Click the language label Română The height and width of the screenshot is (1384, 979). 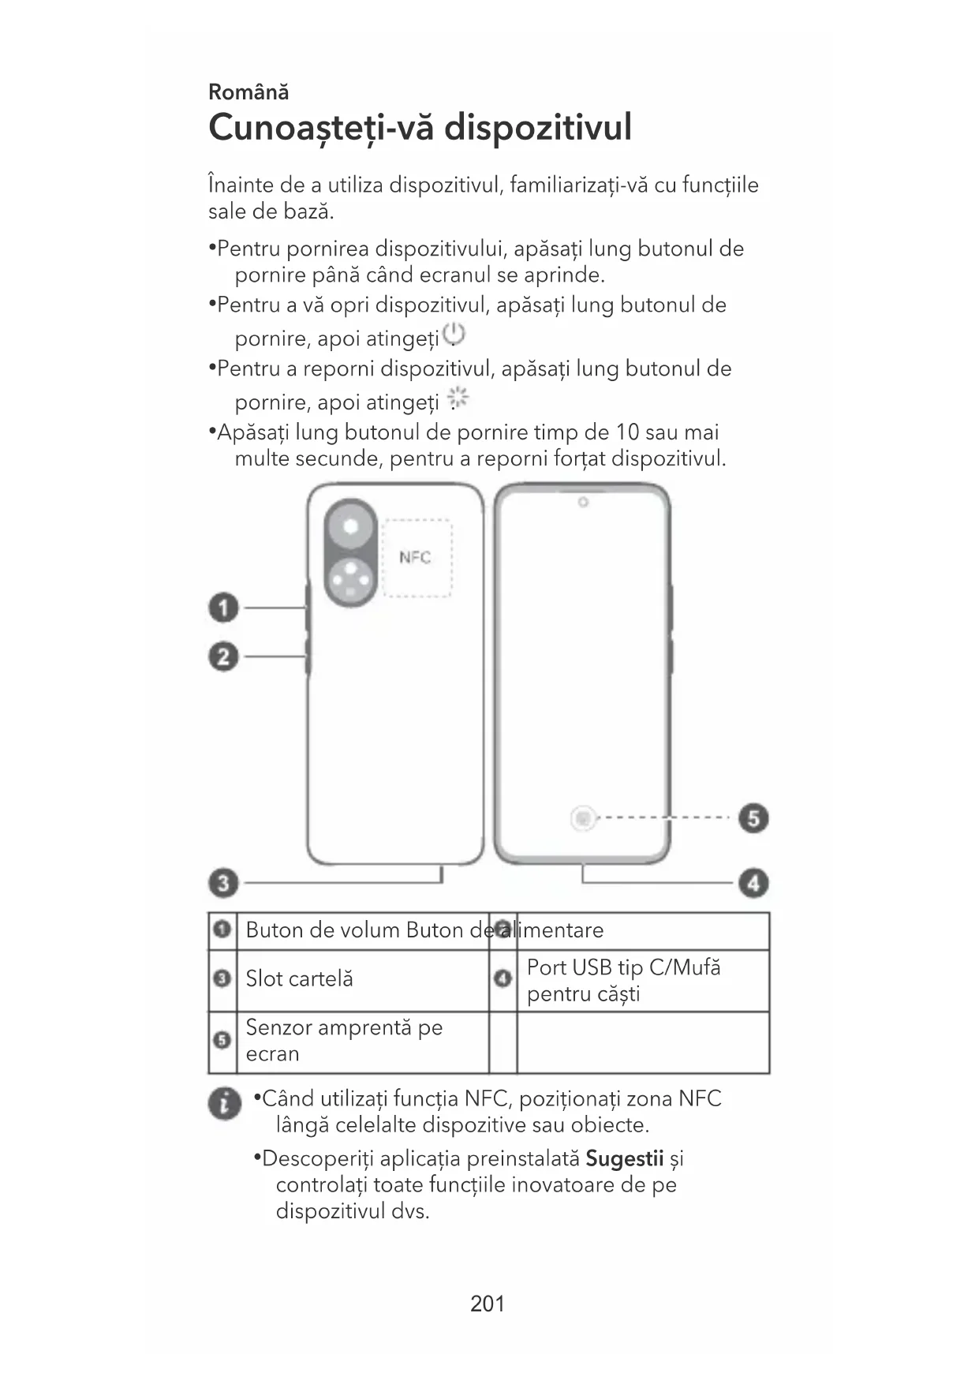pos(248,92)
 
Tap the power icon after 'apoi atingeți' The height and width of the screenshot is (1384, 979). pos(454,335)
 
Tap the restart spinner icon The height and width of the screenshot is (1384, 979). pos(458,398)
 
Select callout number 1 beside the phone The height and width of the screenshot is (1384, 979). pos(223,608)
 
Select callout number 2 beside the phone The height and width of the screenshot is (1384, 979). pos(223,656)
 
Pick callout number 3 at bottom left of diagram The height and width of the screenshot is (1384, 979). pos(223,882)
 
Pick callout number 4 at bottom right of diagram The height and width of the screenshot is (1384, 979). pos(753,882)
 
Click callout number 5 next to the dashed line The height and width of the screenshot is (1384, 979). pos(753,818)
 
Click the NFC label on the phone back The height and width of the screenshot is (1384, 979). pos(415,557)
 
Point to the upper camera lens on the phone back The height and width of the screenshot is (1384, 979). pos(350,526)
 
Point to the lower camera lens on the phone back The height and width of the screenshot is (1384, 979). pos(350,583)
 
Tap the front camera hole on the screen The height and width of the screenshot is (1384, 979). pos(583,503)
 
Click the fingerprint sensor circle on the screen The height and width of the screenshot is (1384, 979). pos(583,818)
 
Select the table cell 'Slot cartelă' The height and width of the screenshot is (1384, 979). pos(300,979)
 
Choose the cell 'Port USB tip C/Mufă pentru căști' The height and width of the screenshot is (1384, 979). pos(623,980)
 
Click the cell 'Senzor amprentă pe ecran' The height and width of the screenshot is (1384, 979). pos(344,1041)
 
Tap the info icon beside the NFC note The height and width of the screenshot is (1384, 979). pos(225,1103)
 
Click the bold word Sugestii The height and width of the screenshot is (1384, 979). pos(624,1158)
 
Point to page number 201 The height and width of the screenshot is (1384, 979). pos(488,1304)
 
